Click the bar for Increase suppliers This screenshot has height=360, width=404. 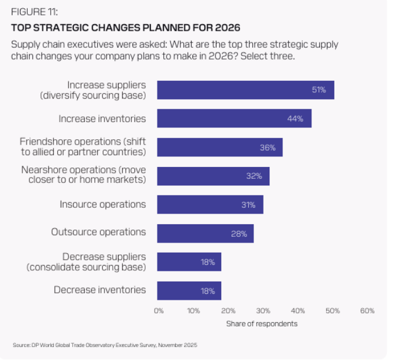245,90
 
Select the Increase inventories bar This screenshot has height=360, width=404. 234,119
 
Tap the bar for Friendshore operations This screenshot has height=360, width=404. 219,148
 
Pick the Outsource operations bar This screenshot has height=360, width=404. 205,233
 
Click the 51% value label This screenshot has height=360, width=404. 319,90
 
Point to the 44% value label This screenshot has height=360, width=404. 295,119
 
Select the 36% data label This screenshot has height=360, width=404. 268,148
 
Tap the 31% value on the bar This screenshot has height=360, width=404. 248,205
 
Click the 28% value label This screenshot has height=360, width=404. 238,233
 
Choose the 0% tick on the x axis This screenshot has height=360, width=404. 159,310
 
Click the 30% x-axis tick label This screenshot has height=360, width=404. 263,310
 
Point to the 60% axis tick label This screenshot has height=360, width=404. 367,310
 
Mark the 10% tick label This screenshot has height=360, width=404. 193,310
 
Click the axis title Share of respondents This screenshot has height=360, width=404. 262,323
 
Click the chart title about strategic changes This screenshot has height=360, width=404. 126,28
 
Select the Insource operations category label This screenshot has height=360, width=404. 103,204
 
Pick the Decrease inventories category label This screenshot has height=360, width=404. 100,290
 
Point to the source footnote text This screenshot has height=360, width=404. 105,345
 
